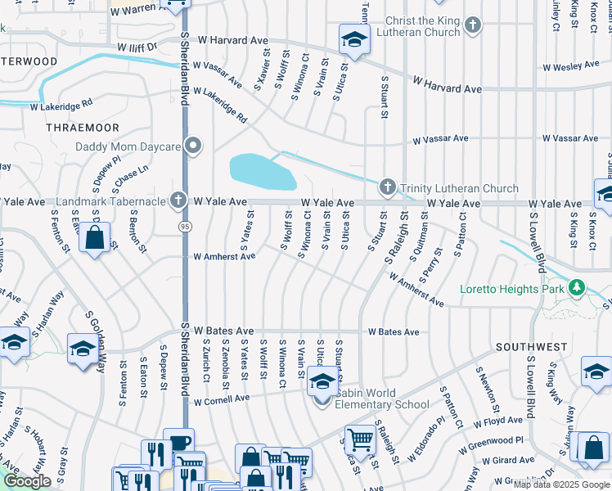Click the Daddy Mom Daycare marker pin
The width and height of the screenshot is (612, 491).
point(193,146)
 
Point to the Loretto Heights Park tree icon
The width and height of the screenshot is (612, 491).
point(578,288)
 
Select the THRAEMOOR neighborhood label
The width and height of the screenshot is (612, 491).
point(83,128)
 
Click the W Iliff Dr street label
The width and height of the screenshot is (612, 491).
point(137,48)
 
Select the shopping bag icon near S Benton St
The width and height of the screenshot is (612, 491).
point(95,239)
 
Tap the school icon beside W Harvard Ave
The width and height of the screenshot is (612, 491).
point(353,38)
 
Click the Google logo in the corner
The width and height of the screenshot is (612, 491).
point(28,481)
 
